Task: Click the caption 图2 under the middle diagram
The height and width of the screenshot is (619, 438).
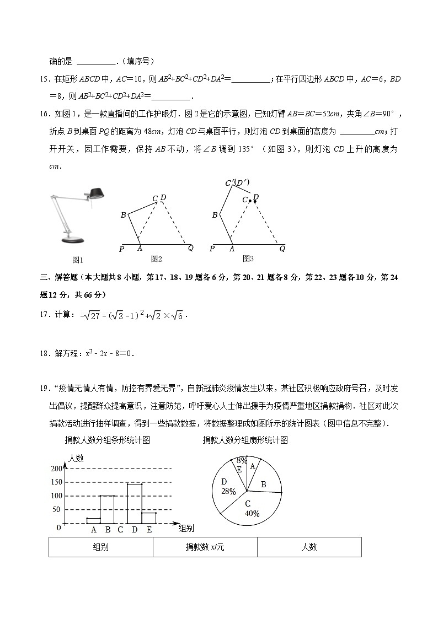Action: [x=156, y=259]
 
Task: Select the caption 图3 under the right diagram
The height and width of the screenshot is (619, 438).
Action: [x=248, y=259]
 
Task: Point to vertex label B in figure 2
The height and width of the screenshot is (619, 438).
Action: [x=123, y=215]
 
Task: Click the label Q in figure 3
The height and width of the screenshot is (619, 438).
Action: [x=282, y=249]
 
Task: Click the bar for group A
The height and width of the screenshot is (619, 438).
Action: [x=93, y=520]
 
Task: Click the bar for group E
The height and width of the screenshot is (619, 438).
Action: [x=149, y=518]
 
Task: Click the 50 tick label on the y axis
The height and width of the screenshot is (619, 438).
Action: [x=56, y=510]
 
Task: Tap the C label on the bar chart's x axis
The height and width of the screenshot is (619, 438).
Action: [x=120, y=530]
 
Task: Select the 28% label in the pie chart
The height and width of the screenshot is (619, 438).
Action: [x=228, y=491]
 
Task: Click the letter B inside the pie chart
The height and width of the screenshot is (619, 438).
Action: [x=263, y=485]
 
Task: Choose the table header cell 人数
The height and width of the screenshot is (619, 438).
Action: [x=309, y=547]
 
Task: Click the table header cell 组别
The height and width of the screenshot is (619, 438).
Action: [x=101, y=547]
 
